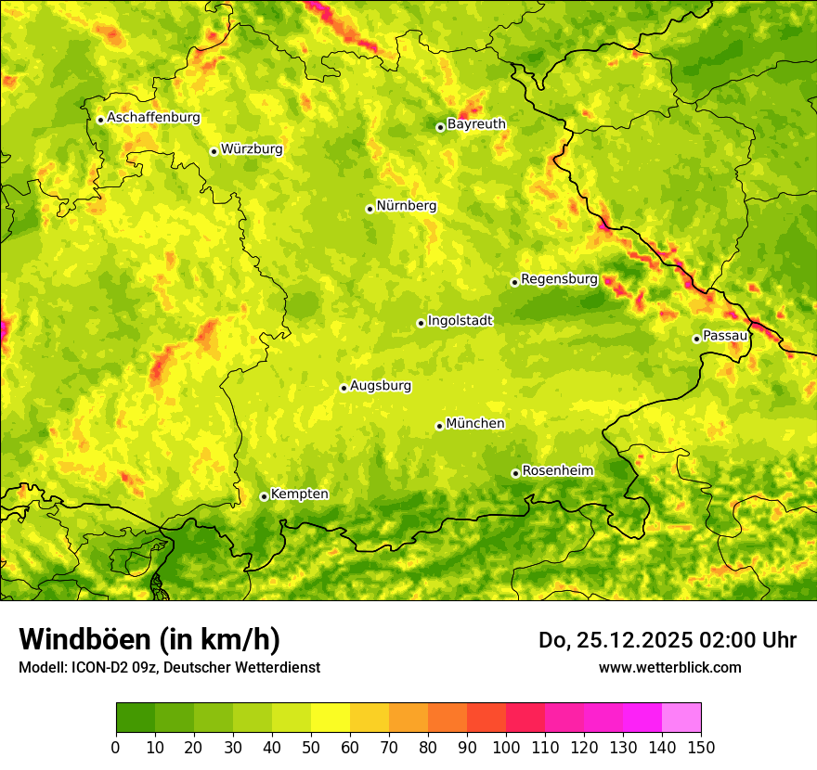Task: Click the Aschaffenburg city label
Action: click(153, 118)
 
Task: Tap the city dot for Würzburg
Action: click(214, 151)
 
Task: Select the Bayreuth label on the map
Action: click(476, 124)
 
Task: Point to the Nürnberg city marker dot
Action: click(370, 209)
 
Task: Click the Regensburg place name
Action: click(559, 279)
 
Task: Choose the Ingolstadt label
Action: click(460, 321)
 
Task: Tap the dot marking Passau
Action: click(696, 339)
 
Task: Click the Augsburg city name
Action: click(381, 386)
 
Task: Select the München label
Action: click(475, 424)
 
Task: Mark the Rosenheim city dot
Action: click(515, 473)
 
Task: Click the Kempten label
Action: click(299, 494)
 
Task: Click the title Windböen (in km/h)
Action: click(149, 639)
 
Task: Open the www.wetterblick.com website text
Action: click(669, 667)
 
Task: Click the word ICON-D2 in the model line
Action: click(100, 667)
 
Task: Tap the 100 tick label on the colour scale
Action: click(506, 748)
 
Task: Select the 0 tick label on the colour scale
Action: click(116, 748)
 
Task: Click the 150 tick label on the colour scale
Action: click(701, 748)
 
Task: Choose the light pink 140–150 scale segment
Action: click(681, 718)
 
